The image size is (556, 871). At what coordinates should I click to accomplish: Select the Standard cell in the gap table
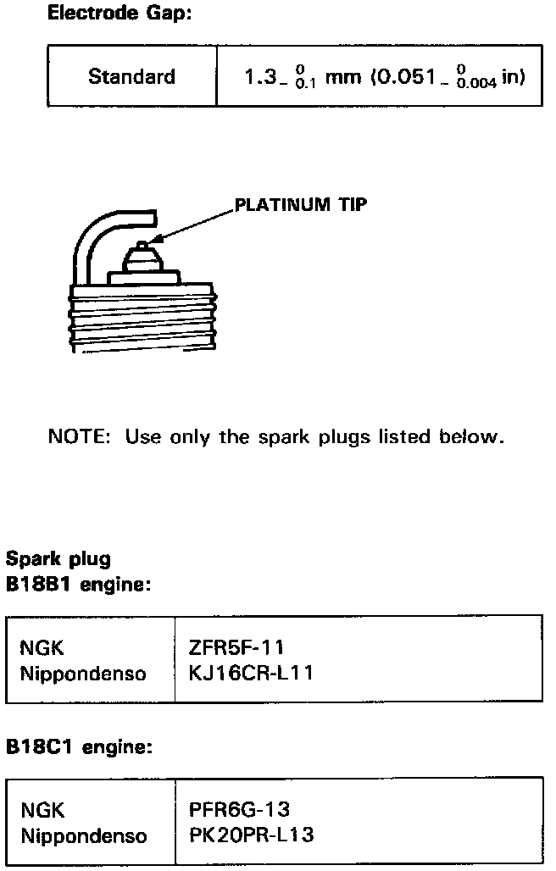tap(131, 77)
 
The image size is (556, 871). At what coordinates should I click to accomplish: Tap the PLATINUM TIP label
tap(301, 204)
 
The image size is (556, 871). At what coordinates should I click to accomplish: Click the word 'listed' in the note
tap(404, 437)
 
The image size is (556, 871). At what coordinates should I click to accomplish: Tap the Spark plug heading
tap(58, 559)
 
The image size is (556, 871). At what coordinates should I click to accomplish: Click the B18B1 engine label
tap(78, 585)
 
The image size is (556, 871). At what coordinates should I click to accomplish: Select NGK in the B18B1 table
tap(42, 649)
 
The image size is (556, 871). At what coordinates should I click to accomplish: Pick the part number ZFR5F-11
tap(236, 649)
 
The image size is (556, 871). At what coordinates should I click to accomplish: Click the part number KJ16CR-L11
tap(252, 674)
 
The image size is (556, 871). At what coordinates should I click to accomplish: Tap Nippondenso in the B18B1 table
tap(82, 674)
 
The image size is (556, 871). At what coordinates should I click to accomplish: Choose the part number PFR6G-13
tap(240, 810)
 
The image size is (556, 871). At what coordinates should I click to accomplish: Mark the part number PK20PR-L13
tap(252, 835)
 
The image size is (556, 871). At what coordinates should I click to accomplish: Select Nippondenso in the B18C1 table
tap(82, 835)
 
